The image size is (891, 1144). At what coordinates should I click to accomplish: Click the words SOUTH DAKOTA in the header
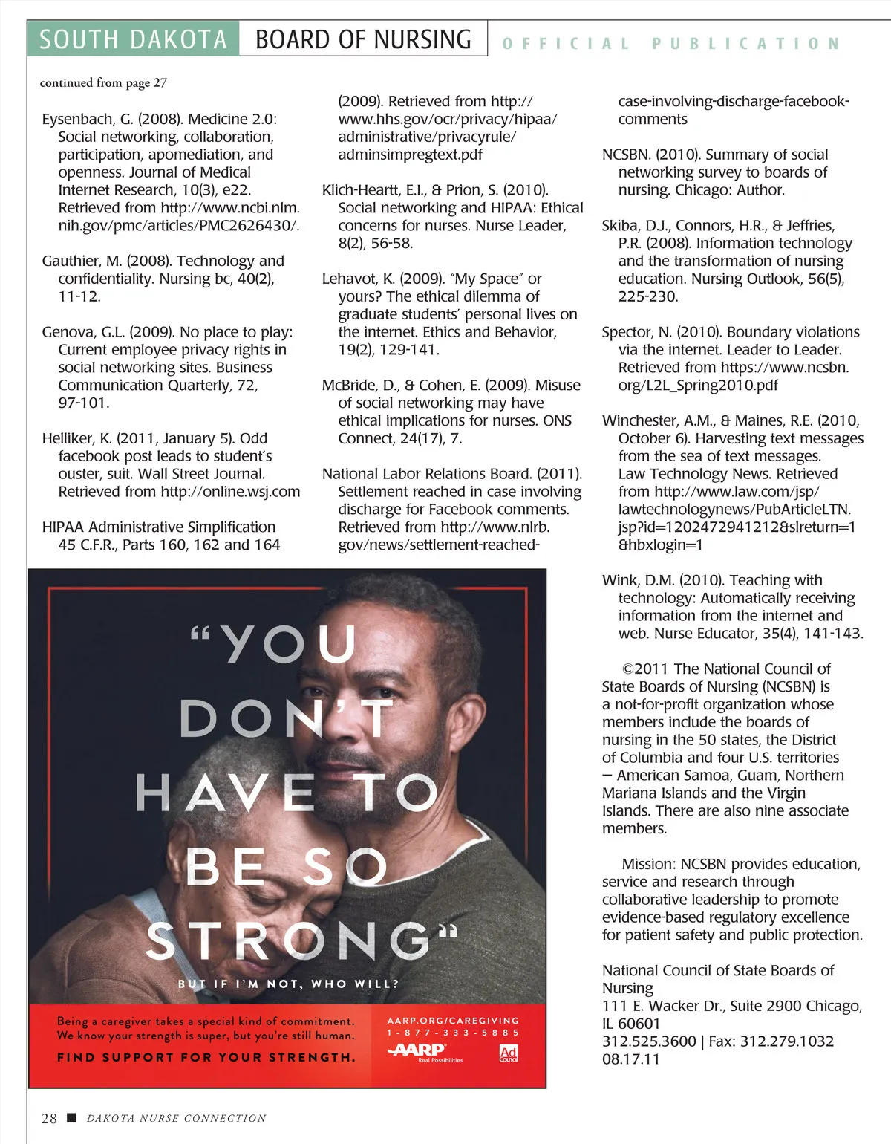point(133,39)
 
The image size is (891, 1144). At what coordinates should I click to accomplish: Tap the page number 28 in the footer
point(49,1118)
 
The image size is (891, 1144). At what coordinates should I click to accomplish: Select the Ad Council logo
point(509,1053)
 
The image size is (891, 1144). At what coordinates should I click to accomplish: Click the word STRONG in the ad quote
point(290,942)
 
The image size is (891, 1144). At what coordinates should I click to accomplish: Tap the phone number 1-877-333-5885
point(453,1033)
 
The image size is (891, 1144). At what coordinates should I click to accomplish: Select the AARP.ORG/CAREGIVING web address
point(453,1021)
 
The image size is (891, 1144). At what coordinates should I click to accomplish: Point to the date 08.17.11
point(630,1059)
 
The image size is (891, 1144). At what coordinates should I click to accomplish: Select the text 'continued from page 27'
point(103,82)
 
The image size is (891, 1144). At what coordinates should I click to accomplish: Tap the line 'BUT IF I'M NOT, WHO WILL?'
point(288,984)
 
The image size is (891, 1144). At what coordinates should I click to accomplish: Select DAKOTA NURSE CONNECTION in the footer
point(176,1118)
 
